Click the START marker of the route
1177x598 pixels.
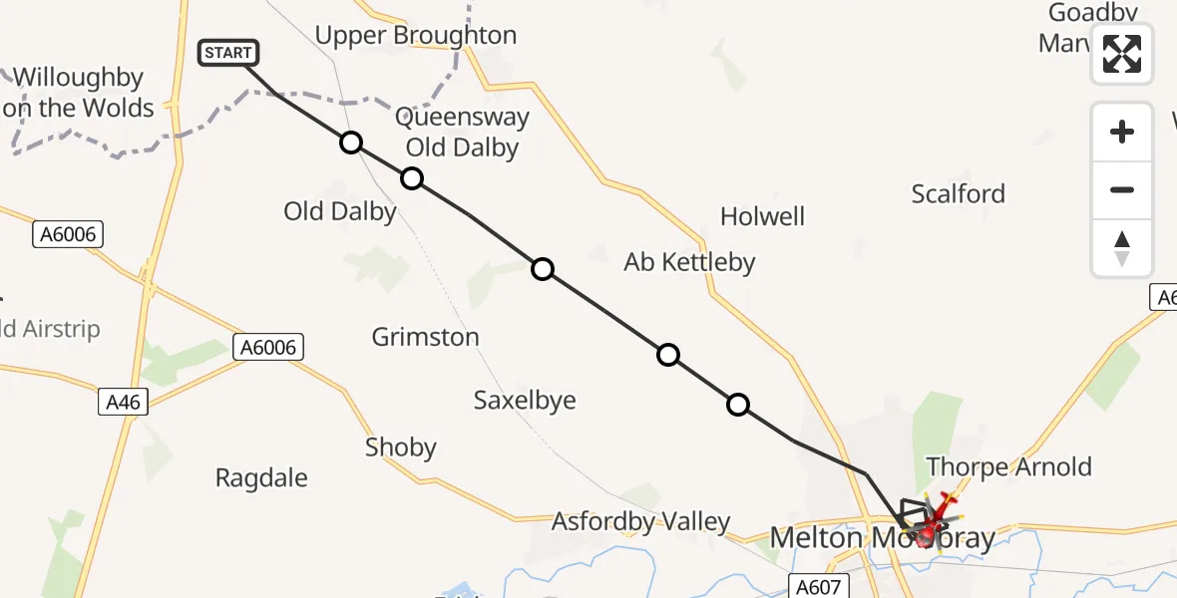(x=229, y=53)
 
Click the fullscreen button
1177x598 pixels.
(x=1122, y=54)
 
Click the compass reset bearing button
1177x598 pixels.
(x=1122, y=249)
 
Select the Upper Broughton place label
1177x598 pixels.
(x=416, y=36)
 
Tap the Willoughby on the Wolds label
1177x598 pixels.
(x=80, y=93)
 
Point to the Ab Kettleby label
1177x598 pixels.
(x=689, y=262)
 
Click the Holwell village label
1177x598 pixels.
(x=762, y=216)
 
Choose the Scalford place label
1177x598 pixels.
(x=958, y=193)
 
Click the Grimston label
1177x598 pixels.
(x=425, y=337)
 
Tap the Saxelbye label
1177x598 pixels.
(x=525, y=401)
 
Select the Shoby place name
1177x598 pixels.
(x=401, y=448)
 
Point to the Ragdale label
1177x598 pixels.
(x=261, y=477)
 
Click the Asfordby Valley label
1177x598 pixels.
(x=641, y=521)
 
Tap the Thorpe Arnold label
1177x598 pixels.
(x=1008, y=466)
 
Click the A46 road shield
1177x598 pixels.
(x=124, y=403)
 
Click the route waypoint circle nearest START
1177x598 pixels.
(x=350, y=143)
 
